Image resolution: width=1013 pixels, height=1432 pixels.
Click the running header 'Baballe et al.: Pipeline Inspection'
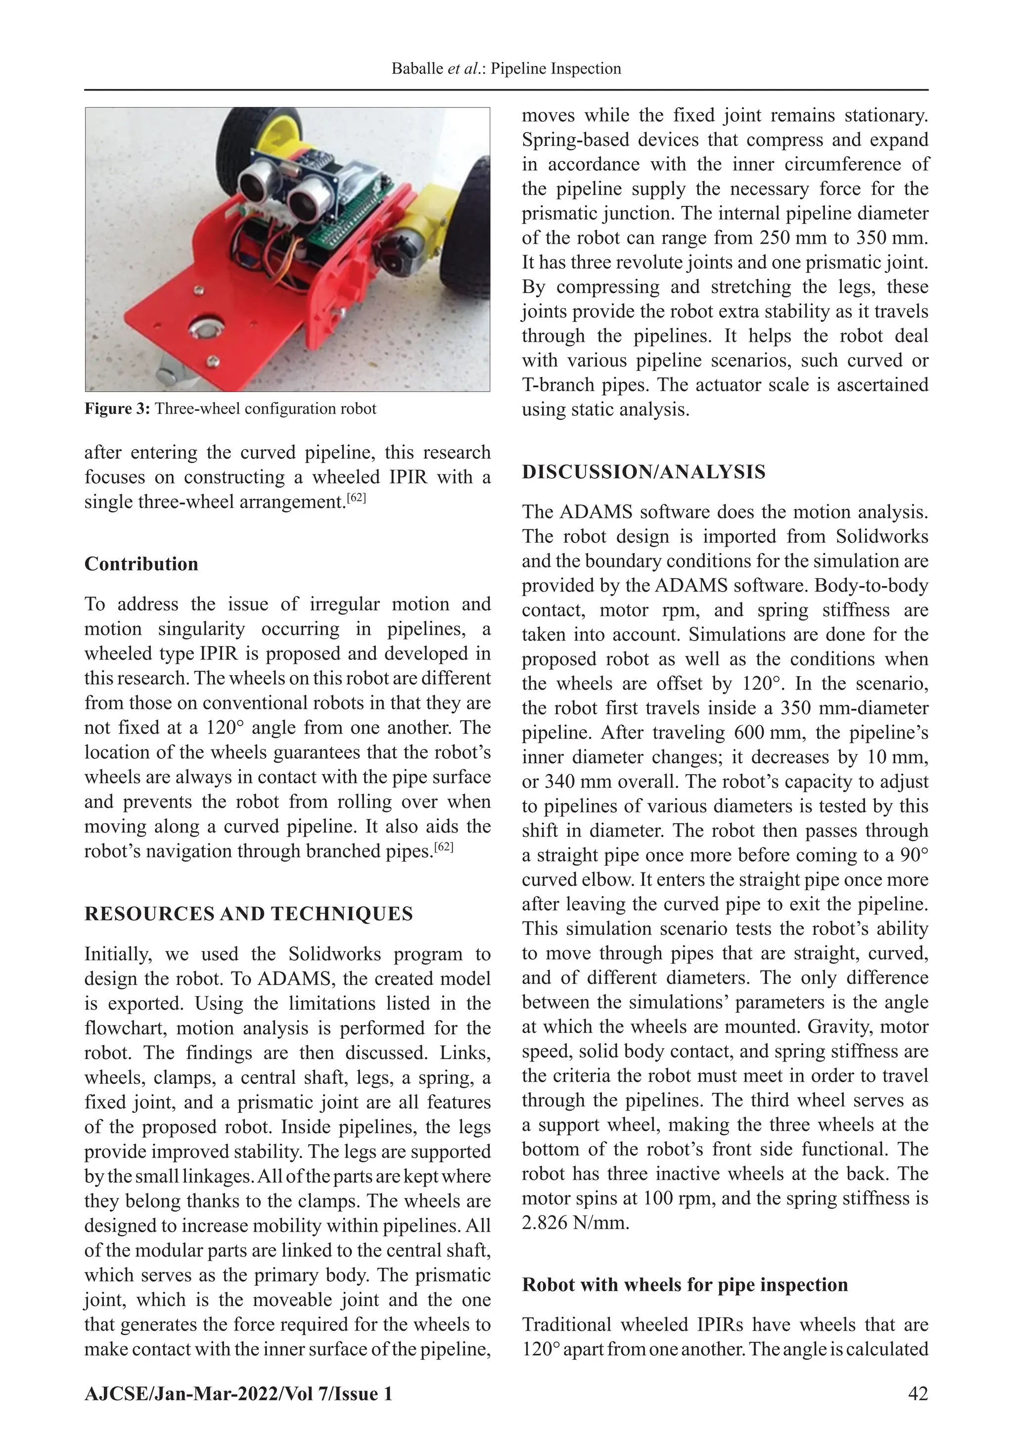click(506, 69)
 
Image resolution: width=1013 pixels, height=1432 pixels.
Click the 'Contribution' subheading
click(141, 564)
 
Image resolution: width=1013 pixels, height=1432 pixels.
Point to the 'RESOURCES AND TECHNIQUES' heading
click(248, 914)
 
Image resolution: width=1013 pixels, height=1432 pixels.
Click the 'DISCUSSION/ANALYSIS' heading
click(643, 472)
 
